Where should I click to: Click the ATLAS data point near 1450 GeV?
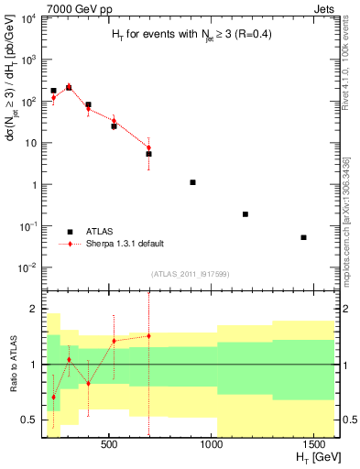[x=303, y=237]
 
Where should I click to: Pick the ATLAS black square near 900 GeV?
[x=192, y=182]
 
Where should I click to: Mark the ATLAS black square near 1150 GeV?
[x=245, y=214]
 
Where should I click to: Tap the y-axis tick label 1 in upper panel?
[x=32, y=185]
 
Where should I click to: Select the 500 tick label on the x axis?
[x=109, y=445]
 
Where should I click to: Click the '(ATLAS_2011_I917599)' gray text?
[x=189, y=274]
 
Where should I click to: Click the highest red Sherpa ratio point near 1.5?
[x=148, y=336]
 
